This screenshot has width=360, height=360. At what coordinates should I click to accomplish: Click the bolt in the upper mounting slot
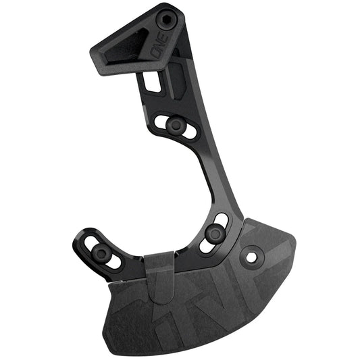(176, 125)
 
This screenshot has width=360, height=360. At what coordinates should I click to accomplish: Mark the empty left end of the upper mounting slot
(162, 122)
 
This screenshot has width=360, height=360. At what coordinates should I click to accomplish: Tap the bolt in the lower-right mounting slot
(215, 234)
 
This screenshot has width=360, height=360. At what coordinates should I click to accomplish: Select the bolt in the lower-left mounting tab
(101, 253)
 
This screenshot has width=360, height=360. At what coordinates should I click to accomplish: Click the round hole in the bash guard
(252, 257)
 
